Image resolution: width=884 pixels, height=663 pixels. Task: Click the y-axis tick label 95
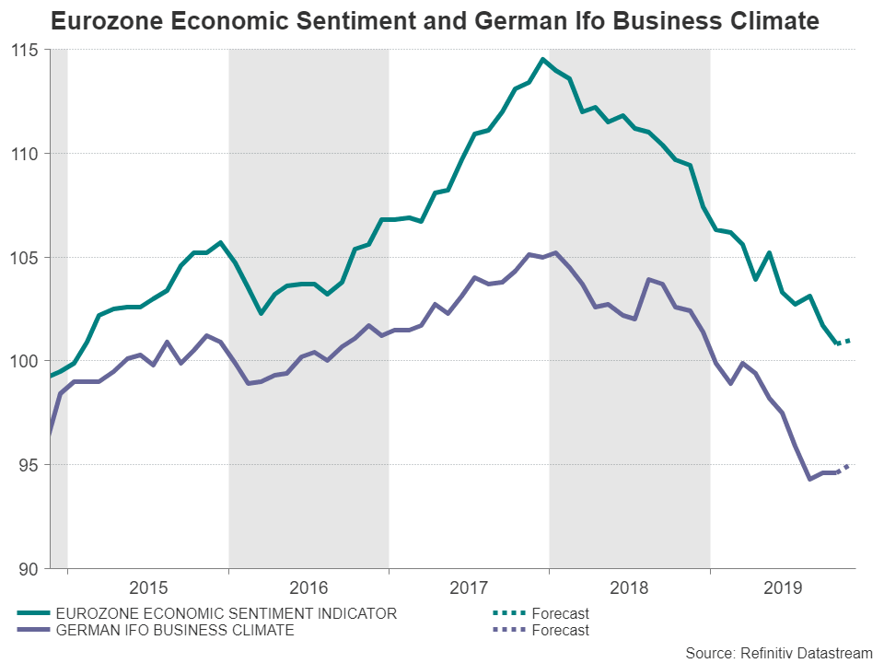point(33,465)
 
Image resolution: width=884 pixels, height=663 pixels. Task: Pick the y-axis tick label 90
point(33,568)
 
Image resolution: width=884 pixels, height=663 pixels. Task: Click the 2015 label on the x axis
point(148,587)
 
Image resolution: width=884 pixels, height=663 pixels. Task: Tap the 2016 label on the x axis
point(308,587)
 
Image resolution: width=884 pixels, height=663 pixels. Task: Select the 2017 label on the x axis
point(469,587)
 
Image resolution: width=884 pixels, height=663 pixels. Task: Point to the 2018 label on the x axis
point(630,587)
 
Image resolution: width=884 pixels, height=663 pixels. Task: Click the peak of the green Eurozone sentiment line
point(542,59)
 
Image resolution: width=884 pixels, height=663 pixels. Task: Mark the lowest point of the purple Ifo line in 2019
point(809,479)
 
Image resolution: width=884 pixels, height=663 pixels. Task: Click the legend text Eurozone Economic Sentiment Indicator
point(227,613)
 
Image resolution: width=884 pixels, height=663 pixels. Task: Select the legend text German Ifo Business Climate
point(175,630)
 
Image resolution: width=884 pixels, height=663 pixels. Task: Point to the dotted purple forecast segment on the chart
point(842,469)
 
